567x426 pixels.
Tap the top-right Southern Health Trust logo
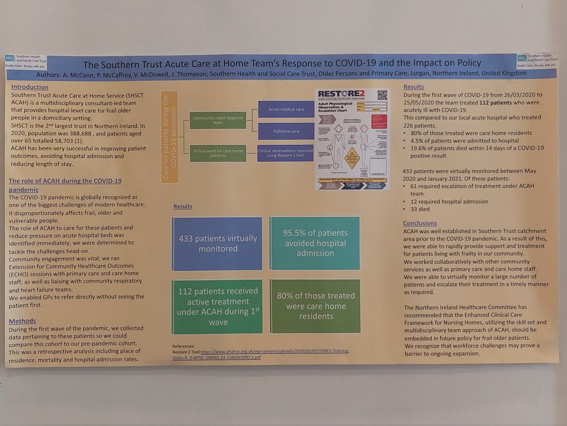point(537,59)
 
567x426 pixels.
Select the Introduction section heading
point(30,87)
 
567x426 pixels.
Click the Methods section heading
point(22,321)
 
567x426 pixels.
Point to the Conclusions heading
point(420,223)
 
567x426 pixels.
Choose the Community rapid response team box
point(218,120)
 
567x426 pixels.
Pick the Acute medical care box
point(286,109)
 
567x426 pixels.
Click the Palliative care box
point(286,131)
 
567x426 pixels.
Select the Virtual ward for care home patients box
point(218,153)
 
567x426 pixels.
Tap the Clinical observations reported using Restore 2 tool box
point(286,153)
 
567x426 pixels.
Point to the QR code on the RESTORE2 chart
point(382,95)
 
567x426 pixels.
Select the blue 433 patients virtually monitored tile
point(217,243)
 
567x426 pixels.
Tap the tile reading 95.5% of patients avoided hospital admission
point(315,243)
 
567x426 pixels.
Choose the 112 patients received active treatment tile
point(217,306)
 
